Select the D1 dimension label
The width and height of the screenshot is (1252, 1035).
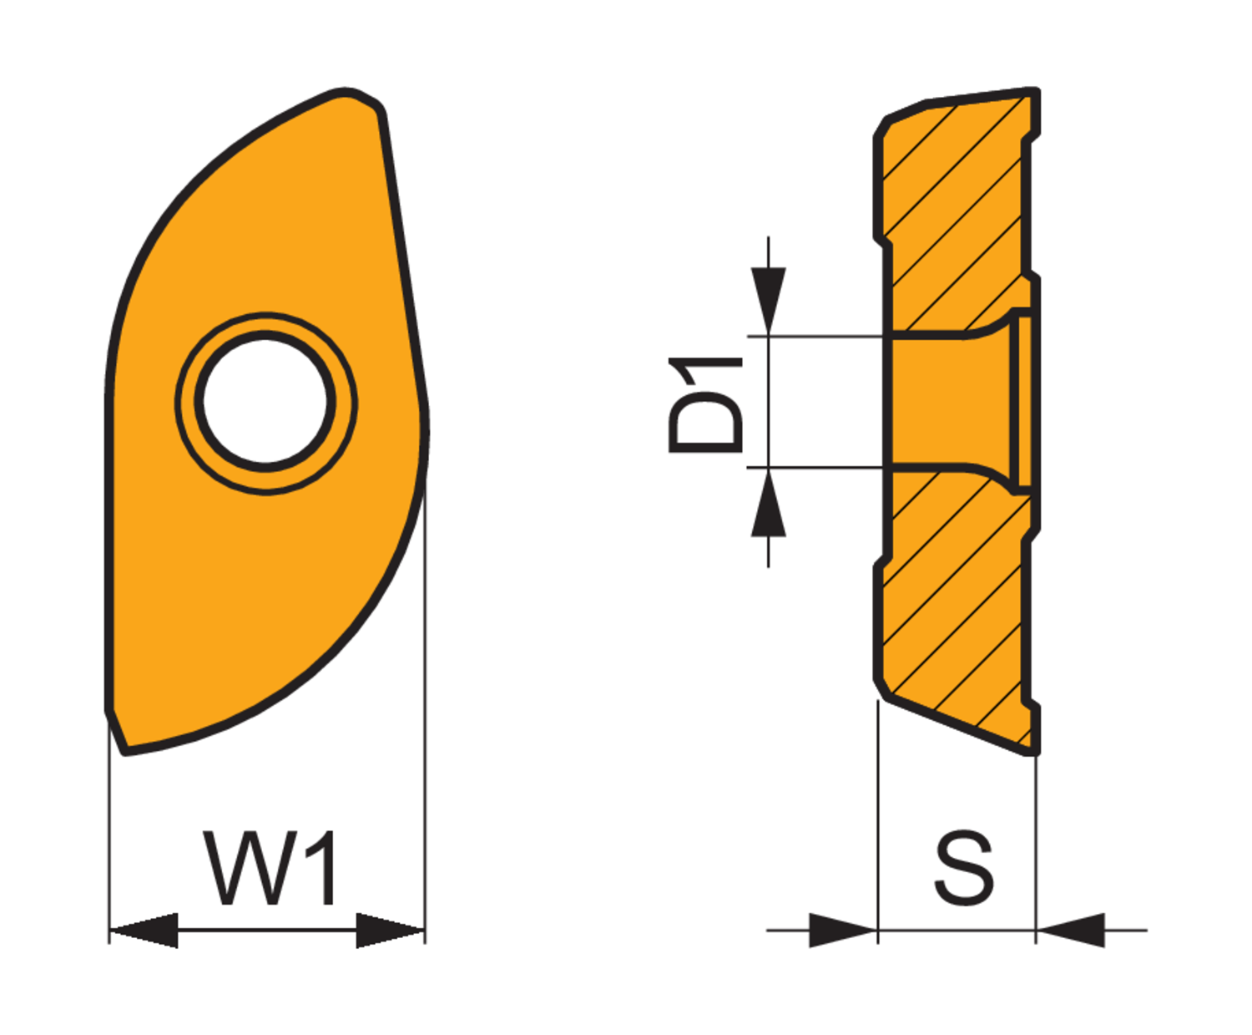(705, 404)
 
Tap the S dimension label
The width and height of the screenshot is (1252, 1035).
(964, 868)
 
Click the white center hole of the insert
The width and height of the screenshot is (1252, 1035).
(266, 403)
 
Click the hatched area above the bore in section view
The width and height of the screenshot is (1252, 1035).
(952, 209)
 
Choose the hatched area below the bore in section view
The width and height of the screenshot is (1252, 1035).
(952, 601)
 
